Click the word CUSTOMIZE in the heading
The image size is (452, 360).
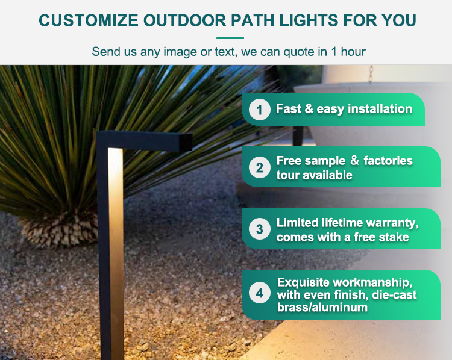[x=89, y=20]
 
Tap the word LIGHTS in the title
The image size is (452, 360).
[x=309, y=20]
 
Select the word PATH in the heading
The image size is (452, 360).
[x=253, y=20]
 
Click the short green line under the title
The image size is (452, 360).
[x=230, y=38]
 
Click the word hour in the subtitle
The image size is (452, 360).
[x=353, y=52]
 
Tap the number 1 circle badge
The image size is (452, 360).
[x=259, y=110]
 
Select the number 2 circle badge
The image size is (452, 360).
[x=259, y=167]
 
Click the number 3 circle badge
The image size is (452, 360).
[x=259, y=229]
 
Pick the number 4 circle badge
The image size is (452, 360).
[x=259, y=293]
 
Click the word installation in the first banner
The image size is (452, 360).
[x=380, y=109]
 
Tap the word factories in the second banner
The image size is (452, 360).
[x=388, y=161]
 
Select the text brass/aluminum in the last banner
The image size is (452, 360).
[x=322, y=307]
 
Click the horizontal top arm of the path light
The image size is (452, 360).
[x=144, y=141]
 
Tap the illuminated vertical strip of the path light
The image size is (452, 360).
[x=116, y=253]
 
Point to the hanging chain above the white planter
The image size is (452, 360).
[x=371, y=74]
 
